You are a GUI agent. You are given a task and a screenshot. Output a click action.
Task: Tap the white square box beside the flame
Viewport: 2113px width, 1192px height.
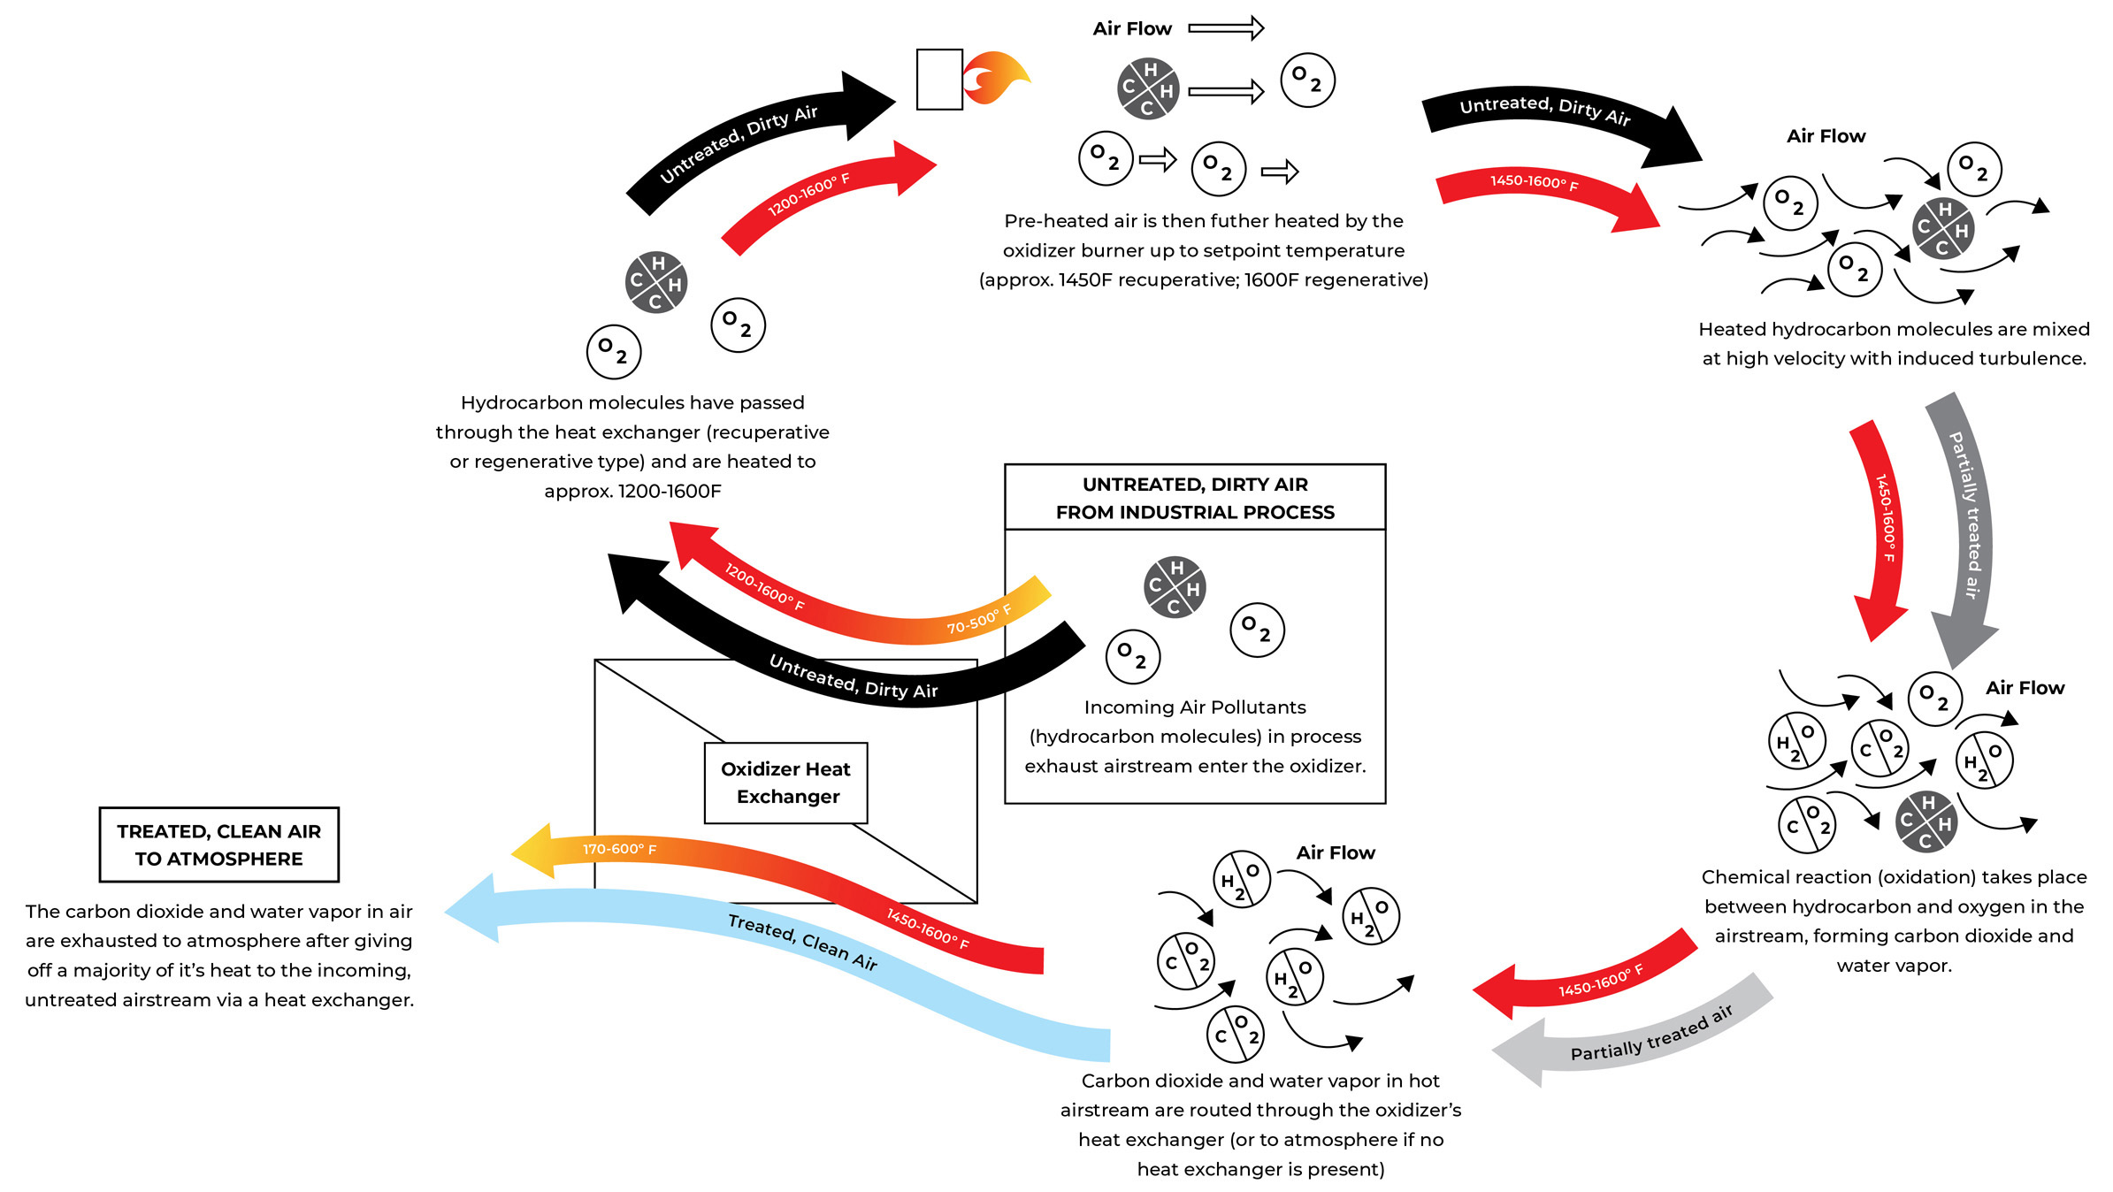939,80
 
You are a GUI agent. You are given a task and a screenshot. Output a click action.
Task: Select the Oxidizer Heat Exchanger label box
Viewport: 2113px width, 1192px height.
785,783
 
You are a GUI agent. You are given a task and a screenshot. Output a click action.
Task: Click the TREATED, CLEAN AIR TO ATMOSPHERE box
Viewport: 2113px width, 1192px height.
218,844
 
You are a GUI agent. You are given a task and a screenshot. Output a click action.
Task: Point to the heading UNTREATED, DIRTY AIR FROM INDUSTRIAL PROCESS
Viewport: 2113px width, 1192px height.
1195,498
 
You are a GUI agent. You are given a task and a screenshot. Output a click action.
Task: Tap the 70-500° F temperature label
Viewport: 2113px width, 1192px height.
978,620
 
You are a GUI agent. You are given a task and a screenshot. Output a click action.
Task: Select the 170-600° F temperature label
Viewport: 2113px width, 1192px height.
619,850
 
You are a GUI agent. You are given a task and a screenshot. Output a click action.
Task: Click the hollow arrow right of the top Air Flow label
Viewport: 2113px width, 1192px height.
1226,28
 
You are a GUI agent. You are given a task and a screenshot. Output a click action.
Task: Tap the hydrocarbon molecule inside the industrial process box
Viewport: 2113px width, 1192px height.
1174,587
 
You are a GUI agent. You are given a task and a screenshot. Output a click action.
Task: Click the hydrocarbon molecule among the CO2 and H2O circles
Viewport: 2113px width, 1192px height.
1926,821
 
